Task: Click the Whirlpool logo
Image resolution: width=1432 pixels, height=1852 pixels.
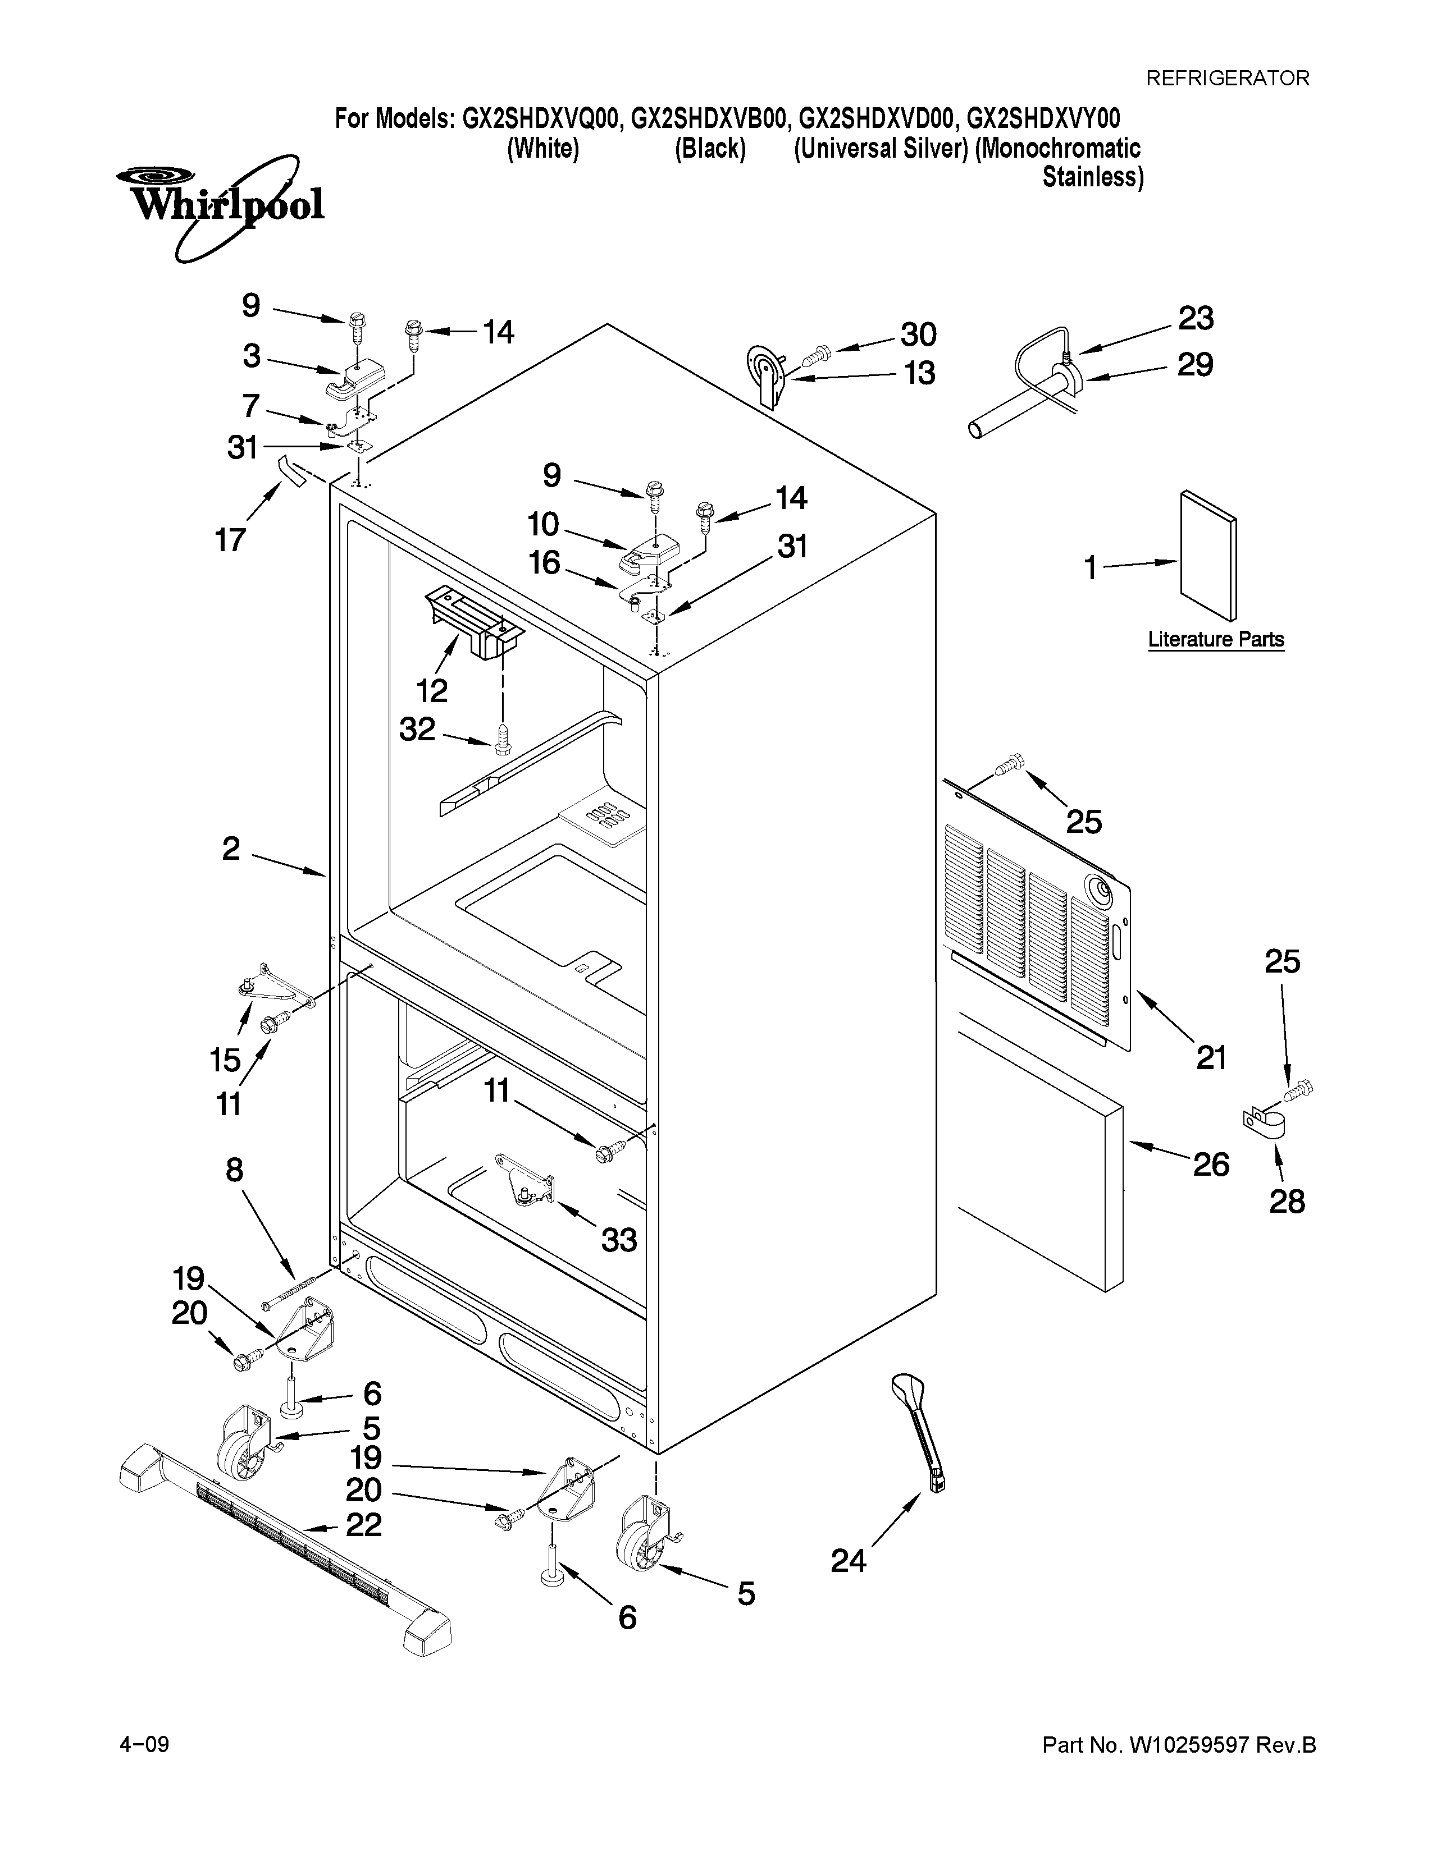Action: point(219,206)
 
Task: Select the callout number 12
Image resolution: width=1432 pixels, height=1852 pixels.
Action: point(432,690)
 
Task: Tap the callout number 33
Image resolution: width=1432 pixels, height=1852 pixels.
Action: point(618,1240)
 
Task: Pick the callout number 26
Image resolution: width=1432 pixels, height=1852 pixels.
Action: point(1211,1165)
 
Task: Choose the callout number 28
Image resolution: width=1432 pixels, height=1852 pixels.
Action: point(1286,1201)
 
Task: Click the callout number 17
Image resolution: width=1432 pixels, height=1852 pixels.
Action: point(230,539)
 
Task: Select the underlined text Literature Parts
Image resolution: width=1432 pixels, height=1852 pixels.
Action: point(1216,639)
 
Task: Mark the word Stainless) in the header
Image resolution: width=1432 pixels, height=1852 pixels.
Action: point(1093,177)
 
